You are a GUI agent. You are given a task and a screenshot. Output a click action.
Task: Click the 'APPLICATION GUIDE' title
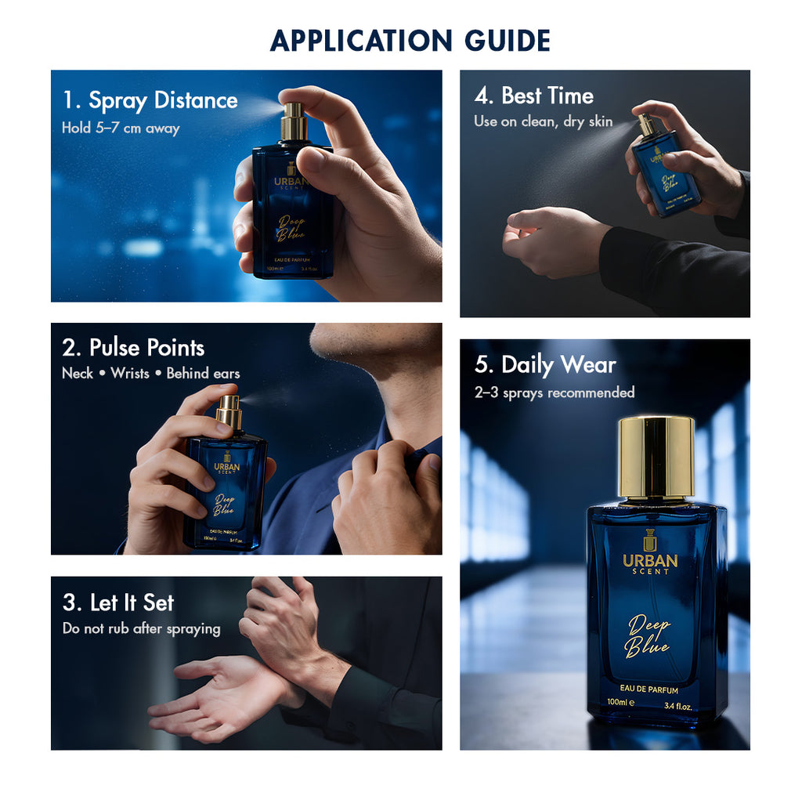coord(410,40)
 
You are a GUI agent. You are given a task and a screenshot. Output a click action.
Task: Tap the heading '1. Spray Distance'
coord(150,101)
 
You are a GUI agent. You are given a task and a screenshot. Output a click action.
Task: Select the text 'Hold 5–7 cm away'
coord(121,128)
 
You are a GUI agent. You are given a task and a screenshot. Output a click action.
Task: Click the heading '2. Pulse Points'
coord(133,348)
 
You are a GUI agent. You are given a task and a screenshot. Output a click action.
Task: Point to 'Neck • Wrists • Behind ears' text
coord(150,374)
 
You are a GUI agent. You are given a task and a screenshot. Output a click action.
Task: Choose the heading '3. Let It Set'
coord(117,603)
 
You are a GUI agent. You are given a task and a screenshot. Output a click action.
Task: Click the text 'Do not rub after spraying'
coord(141,628)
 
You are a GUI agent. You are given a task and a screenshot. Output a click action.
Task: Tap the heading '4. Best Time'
coord(533,96)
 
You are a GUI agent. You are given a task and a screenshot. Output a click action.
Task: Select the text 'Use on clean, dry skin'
coord(543,122)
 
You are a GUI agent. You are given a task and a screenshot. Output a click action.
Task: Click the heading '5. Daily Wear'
coord(546,365)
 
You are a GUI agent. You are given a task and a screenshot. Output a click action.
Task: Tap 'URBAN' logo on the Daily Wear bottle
coord(650,560)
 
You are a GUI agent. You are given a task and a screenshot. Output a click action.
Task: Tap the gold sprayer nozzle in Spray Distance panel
coord(294,118)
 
